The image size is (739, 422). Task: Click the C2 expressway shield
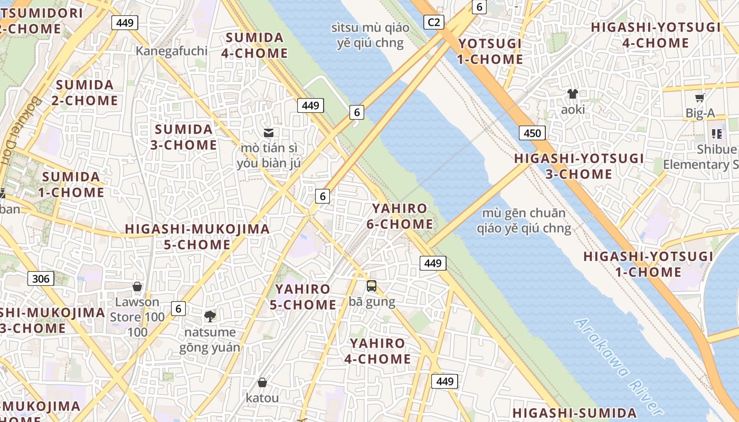pos(433,22)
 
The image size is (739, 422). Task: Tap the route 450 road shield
pos(532,133)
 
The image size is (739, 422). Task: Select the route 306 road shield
pos(41,279)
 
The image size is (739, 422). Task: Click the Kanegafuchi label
pos(172,51)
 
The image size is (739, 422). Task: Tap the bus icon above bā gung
pos(372,286)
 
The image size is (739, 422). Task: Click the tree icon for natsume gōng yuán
pos(210,316)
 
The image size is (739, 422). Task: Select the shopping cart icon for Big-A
pos(700,98)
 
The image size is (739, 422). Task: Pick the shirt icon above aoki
pos(573,94)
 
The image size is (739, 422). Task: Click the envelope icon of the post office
pos(269,132)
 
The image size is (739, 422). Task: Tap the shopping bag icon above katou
pos(262,382)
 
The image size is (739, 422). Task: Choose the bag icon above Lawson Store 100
pos(137,286)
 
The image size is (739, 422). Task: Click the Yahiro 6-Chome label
pos(400,216)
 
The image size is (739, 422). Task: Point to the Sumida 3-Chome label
pos(184,137)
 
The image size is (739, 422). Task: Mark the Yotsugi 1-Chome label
pos(490,51)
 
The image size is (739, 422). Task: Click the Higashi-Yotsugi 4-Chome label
pos(656,35)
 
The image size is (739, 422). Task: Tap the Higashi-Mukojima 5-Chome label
pos(197,237)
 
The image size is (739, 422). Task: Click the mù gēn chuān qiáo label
pos(524,220)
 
